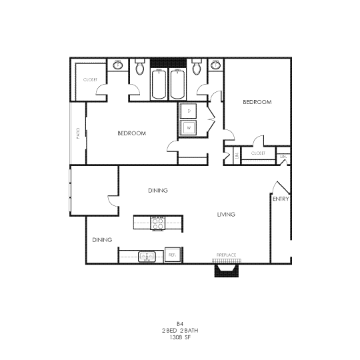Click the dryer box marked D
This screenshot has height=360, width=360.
tap(189, 111)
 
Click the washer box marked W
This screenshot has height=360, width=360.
tap(189, 127)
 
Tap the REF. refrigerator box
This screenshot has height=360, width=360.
tap(172, 255)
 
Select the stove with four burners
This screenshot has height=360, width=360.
tap(158, 223)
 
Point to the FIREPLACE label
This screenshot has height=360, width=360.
tap(226, 255)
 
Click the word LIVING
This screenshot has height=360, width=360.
tap(227, 214)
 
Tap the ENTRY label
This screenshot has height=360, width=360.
tap(281, 198)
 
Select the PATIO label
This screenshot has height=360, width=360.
tap(78, 133)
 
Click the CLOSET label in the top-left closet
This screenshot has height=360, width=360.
tap(90, 79)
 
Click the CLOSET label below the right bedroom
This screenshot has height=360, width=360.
tap(258, 153)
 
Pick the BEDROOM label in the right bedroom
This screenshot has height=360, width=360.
tap(257, 102)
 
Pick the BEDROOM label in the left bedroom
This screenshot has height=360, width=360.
tap(131, 133)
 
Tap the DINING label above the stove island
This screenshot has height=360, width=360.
tap(157, 191)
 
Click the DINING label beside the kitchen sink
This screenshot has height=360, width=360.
tap(101, 239)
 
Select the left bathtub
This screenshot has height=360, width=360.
tap(160, 85)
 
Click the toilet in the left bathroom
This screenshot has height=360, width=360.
tap(140, 68)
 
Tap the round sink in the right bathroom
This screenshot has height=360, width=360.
tap(215, 65)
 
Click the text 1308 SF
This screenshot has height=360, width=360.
tap(181, 338)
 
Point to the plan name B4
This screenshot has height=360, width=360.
tap(180, 323)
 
